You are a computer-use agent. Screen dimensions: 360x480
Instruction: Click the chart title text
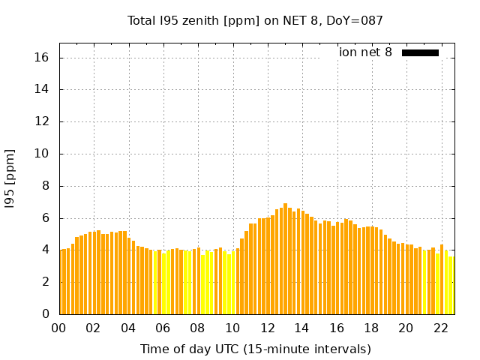coord(255,20)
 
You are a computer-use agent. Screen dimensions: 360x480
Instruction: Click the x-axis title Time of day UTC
coord(255,349)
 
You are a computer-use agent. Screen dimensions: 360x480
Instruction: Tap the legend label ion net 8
coord(365,52)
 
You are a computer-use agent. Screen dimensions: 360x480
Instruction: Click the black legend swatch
coord(420,52)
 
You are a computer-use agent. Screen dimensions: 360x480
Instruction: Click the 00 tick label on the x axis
coord(59,328)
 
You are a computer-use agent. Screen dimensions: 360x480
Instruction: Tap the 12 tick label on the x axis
coord(267,328)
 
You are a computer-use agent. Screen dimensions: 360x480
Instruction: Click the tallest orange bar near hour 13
coord(285,259)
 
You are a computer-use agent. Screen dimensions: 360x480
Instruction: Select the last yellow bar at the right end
coord(451,285)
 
